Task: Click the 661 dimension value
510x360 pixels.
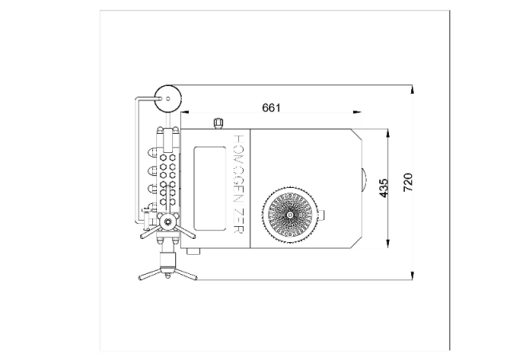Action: pyautogui.click(x=271, y=108)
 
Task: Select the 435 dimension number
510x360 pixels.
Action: pyautogui.click(x=384, y=188)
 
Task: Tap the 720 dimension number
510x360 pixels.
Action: pyautogui.click(x=408, y=182)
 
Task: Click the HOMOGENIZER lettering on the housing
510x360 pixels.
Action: pyautogui.click(x=239, y=184)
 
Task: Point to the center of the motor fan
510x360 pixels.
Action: pyautogui.click(x=289, y=215)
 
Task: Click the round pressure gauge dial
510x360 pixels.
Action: pyautogui.click(x=167, y=99)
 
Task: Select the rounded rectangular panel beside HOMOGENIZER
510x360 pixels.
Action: pyautogui.click(x=210, y=189)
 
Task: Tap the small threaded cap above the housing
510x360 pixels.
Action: pyautogui.click(x=218, y=123)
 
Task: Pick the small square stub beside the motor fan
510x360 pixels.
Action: pyautogui.click(x=320, y=214)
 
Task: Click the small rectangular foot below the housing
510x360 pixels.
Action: pyautogui.click(x=194, y=252)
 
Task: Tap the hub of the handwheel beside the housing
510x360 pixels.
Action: pyautogui.click(x=168, y=221)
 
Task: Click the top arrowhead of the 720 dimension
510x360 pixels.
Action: pyautogui.click(x=413, y=89)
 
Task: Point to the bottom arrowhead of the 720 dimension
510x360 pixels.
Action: pyautogui.click(x=413, y=276)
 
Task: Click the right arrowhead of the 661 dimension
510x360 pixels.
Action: pyautogui.click(x=357, y=112)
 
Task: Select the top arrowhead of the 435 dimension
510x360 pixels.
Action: pyautogui.click(x=388, y=133)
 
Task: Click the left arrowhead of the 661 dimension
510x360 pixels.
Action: pyautogui.click(x=185, y=112)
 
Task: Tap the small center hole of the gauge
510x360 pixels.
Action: pyautogui.click(x=168, y=99)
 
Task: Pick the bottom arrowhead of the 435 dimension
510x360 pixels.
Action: pyautogui.click(x=388, y=243)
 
